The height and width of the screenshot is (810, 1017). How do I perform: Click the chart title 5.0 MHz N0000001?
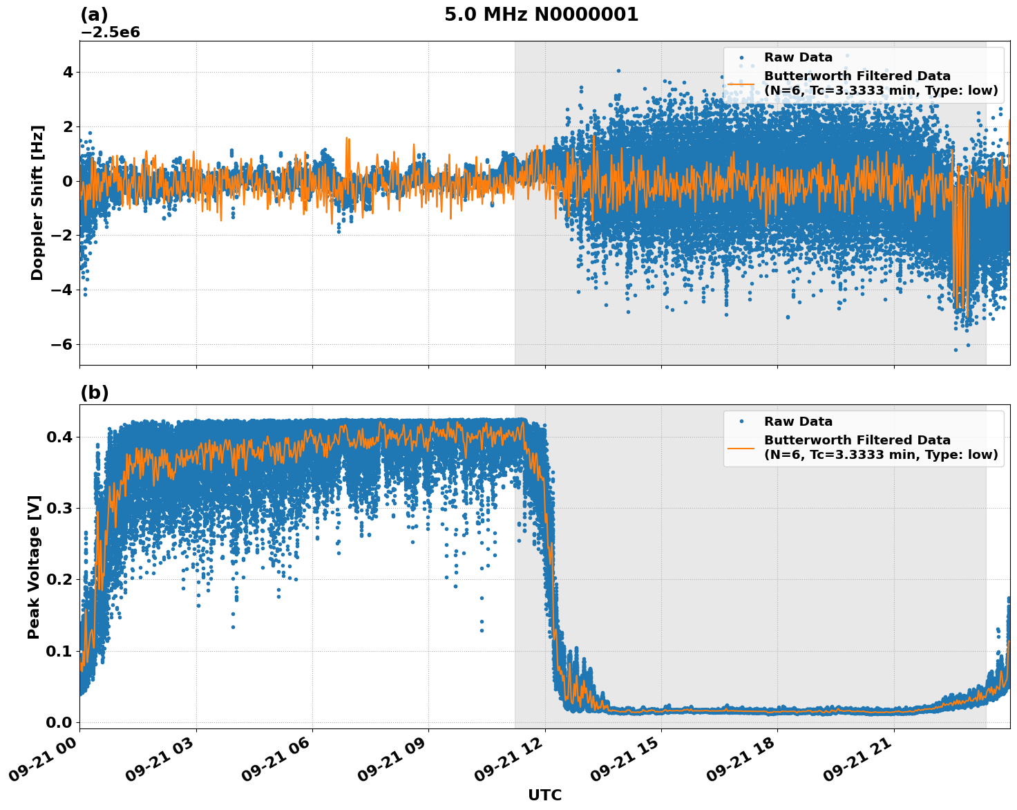click(541, 15)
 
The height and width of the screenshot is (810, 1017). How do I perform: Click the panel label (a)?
click(94, 15)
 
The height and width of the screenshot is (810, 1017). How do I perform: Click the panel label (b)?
click(94, 393)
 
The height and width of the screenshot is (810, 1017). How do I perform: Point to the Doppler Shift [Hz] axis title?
click(37, 202)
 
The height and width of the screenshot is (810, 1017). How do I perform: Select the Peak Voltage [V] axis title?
click(34, 567)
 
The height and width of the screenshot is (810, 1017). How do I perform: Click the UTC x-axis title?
click(544, 795)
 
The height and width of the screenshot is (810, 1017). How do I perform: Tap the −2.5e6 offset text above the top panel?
click(110, 32)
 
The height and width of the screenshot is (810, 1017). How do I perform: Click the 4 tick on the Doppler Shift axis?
click(68, 72)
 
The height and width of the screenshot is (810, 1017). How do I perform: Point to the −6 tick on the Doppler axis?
click(62, 344)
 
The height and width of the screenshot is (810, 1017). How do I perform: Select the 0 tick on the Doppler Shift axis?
click(68, 181)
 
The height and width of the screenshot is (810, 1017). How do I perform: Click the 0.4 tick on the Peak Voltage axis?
click(59, 437)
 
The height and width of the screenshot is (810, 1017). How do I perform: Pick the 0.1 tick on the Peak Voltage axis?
click(59, 651)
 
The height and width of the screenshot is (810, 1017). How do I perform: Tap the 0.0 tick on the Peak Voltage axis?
click(59, 722)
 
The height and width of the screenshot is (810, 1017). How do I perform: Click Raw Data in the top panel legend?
click(798, 57)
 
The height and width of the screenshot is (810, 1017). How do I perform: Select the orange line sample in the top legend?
click(741, 84)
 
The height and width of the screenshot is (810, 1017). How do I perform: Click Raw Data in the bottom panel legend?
click(798, 422)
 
